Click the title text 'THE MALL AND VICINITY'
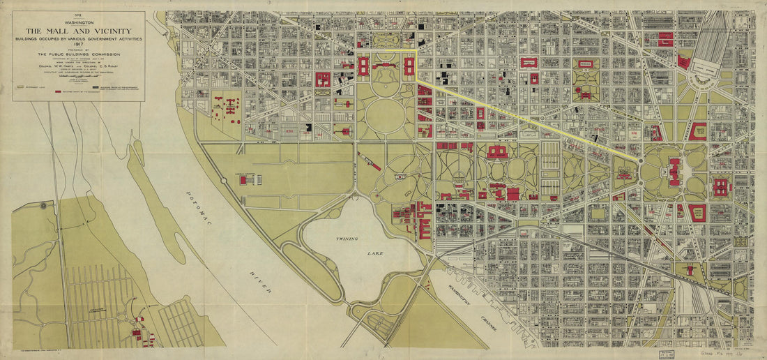(78, 31)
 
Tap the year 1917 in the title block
(78, 45)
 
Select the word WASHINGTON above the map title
(78, 22)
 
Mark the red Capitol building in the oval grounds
(675, 172)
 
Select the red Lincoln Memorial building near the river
(243, 180)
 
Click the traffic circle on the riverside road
(224, 180)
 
